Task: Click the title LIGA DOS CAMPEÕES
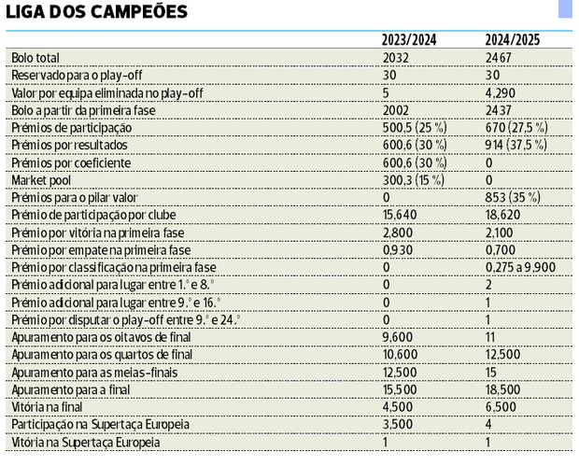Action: tap(96, 12)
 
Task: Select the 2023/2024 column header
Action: tap(409, 40)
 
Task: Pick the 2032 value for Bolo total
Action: tap(396, 58)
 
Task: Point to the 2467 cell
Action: tap(499, 58)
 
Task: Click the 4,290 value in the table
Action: tap(501, 93)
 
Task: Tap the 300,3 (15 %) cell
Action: tap(415, 180)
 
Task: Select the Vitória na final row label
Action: tap(48, 407)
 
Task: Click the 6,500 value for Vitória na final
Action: tap(501, 407)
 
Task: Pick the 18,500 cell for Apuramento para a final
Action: tap(503, 389)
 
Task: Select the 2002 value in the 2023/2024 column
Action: tap(396, 110)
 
